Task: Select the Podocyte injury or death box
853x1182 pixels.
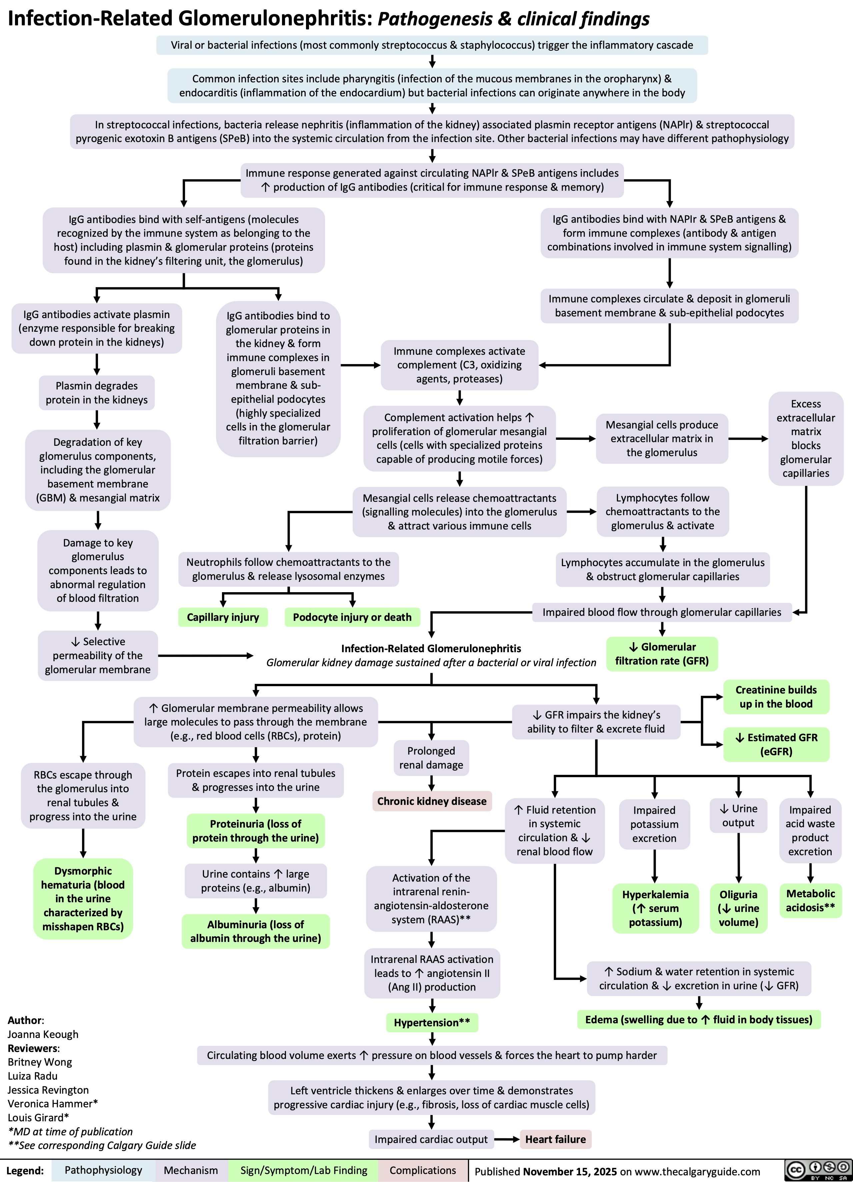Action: point(352,617)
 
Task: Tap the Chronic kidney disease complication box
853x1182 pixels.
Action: point(431,801)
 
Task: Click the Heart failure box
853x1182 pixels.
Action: point(555,1139)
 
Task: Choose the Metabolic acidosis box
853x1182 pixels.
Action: point(810,900)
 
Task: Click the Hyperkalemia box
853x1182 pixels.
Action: point(655,908)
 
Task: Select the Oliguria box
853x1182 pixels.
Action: point(738,908)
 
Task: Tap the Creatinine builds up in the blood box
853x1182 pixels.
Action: point(776,697)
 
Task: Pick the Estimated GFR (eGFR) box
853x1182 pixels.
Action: point(776,744)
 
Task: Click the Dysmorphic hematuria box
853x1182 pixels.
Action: point(83,899)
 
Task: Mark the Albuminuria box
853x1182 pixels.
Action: point(256,931)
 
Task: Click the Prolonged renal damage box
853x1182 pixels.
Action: point(431,758)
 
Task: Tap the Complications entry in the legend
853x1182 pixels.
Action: point(423,1170)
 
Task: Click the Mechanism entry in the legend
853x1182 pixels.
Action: point(191,1170)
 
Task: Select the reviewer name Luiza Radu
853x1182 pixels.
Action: point(33,1076)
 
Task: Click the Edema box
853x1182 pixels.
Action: point(699,1019)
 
